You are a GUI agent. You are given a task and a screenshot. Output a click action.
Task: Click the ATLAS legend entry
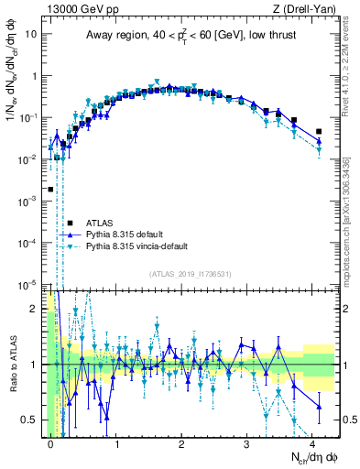coord(100,223)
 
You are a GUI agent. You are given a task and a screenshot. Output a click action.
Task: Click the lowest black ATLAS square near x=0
coord(50,189)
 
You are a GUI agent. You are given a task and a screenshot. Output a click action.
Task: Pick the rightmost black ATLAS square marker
coord(319,131)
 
